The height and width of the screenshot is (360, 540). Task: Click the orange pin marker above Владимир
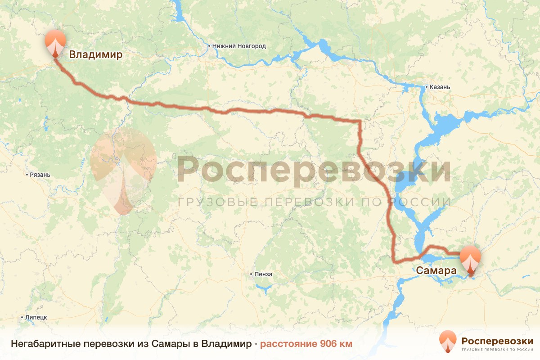click(55, 41)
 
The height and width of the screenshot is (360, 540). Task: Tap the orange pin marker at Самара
click(470, 259)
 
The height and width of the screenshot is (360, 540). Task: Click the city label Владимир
click(95, 55)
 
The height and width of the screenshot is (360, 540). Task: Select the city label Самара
click(436, 271)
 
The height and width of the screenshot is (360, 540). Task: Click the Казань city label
click(440, 87)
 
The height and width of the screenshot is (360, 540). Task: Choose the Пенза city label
click(263, 274)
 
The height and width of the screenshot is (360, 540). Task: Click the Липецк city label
click(36, 317)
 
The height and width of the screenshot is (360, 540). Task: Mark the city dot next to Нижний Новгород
click(209, 46)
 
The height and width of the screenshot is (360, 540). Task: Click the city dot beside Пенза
click(252, 274)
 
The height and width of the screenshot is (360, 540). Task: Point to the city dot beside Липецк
click(22, 317)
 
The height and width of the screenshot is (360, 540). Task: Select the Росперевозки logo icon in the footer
click(448, 342)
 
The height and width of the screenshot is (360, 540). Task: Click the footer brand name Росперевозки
click(497, 340)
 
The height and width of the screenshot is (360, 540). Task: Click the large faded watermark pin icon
click(123, 171)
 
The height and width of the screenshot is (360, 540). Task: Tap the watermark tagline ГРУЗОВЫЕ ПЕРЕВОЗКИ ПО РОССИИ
click(314, 202)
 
